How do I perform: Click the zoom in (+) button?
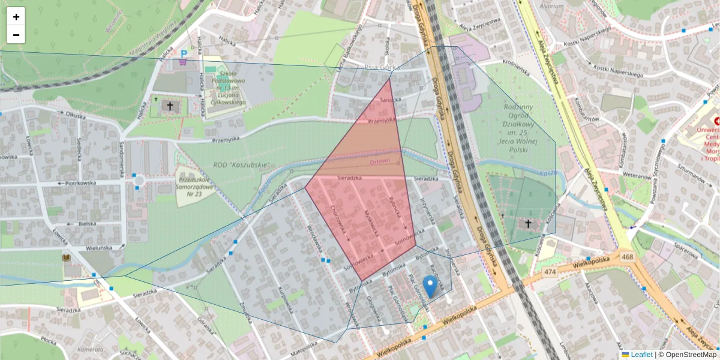coord(16,17)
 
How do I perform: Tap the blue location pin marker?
coord(430,286)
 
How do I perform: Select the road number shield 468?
coord(628,257)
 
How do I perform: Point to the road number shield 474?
coord(550,272)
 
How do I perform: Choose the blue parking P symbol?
coord(183,54)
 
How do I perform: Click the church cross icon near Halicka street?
coord(170,107)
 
